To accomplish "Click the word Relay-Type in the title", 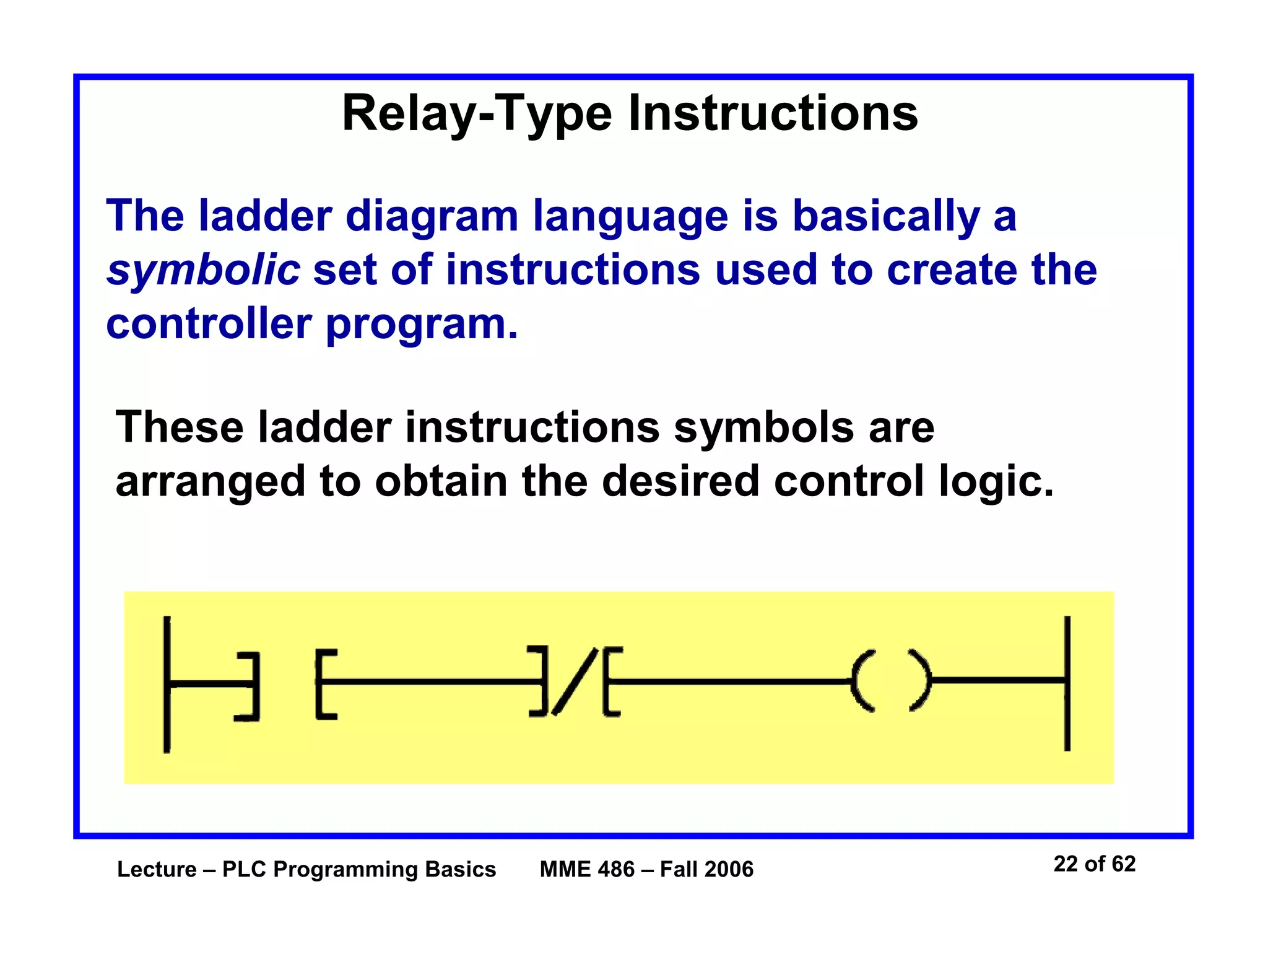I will (477, 115).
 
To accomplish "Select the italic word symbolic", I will (203, 271).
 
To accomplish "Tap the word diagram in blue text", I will (431, 217).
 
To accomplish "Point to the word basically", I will (886, 217).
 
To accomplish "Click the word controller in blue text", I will (208, 324).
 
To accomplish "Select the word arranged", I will (211, 482).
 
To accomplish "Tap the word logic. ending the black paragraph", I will (996, 482).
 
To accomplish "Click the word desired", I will (680, 481).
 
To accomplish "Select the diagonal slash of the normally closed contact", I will (575, 681).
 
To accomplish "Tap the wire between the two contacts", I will (433, 682).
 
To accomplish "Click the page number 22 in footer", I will (1065, 864).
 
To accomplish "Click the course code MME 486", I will (586, 870).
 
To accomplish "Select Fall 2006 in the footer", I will (706, 870).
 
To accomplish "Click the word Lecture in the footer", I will (157, 870).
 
